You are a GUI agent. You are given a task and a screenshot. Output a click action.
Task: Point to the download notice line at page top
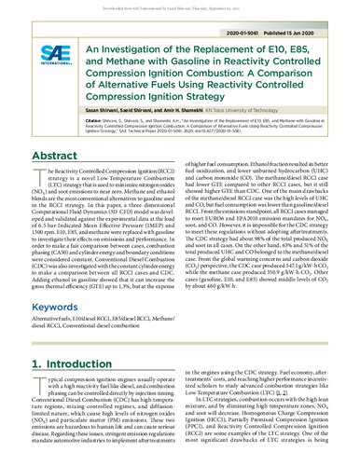coord(180,5)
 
